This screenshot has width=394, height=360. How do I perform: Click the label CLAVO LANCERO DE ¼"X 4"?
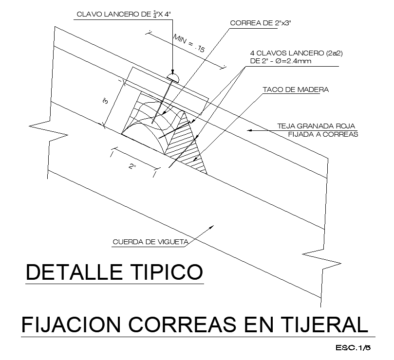point(124,14)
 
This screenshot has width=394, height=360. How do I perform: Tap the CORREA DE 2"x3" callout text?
point(261,23)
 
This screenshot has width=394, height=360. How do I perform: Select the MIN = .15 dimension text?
point(189,43)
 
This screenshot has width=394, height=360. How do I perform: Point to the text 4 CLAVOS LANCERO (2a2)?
point(296,53)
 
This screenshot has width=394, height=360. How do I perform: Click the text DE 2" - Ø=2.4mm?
point(281,61)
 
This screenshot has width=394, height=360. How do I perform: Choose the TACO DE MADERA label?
point(296,90)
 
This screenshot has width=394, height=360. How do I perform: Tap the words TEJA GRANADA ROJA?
point(316,126)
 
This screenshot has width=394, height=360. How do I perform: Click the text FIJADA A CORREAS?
point(323,135)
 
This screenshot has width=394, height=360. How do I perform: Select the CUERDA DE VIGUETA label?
point(150,242)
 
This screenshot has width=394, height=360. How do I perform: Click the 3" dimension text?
point(106,101)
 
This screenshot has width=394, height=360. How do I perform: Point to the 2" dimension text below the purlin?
point(132,166)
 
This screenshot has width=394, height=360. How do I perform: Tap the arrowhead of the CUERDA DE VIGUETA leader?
point(211,227)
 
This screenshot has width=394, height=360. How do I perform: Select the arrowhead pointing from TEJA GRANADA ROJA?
point(249,130)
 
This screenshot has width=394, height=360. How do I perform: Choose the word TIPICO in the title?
point(167,272)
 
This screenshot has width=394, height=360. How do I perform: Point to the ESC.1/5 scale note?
point(353,348)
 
